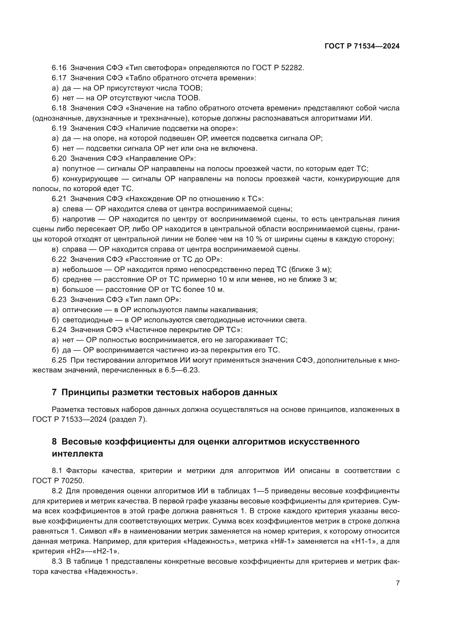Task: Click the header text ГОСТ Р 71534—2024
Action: point(362,46)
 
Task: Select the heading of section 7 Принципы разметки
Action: point(165,392)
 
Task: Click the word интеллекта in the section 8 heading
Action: point(77,454)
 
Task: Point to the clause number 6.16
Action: point(59,68)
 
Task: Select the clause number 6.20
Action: point(59,159)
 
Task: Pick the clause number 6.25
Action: point(59,360)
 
